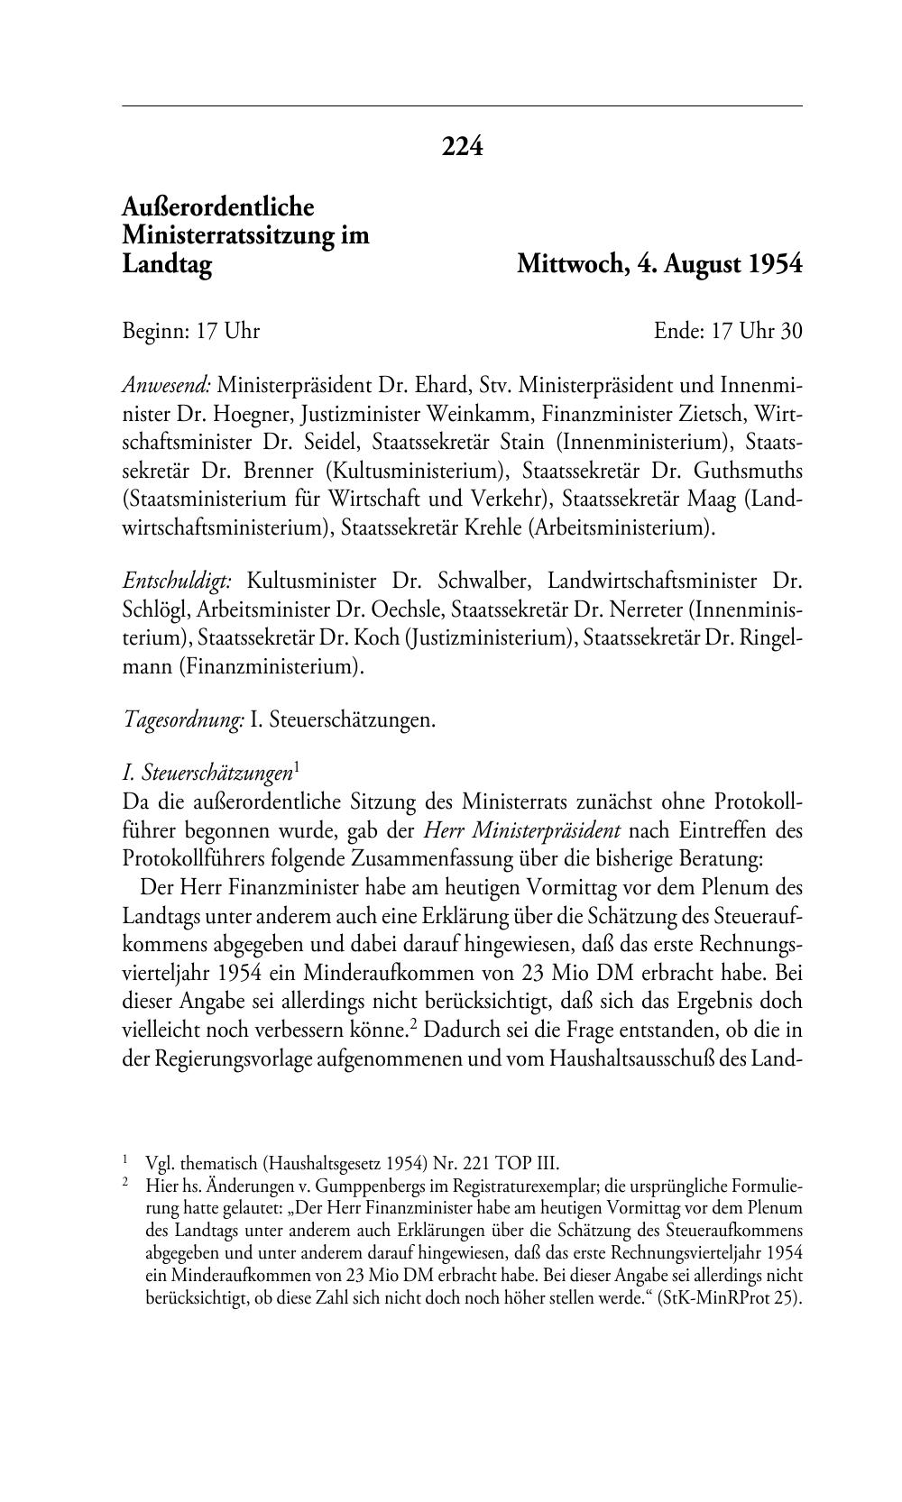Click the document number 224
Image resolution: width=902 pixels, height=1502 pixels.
[462, 146]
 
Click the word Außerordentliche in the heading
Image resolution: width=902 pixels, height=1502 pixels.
[217, 207]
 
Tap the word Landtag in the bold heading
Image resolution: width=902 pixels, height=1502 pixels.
[167, 265]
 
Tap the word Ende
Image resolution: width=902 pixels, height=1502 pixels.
[677, 332]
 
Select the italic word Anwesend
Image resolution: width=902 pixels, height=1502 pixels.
[166, 386]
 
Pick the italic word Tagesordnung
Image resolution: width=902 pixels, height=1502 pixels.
[183, 720]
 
